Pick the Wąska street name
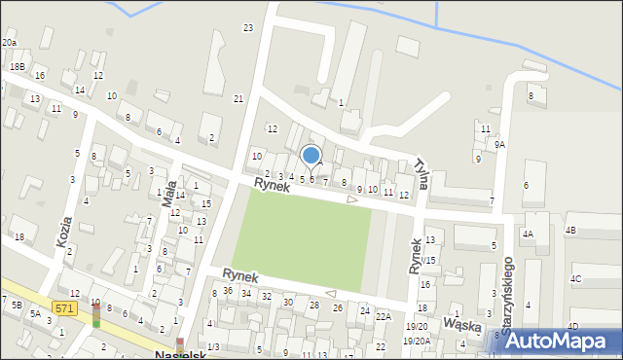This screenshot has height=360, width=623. tap(462, 322)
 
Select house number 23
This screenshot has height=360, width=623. tap(248, 27)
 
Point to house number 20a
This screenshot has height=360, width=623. tap(9, 43)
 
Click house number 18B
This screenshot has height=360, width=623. tap(18, 66)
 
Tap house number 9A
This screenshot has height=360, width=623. tap(499, 144)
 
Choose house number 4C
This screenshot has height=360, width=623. tap(575, 279)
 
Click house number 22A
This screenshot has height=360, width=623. tap(384, 316)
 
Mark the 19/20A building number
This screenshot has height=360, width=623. tap(417, 341)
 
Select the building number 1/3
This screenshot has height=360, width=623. tap(212, 347)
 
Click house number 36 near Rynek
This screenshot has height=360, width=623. tap(227, 290)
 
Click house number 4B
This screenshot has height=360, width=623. tap(570, 231)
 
